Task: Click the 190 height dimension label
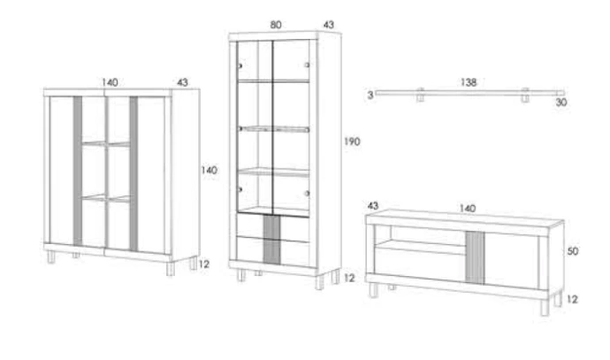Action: pos(352,142)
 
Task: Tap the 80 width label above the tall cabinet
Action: pos(276,25)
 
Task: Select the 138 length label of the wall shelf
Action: pos(469,82)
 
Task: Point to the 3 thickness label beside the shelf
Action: pos(370,95)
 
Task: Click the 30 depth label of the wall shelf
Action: pos(561,103)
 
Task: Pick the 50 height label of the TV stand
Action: pos(573,251)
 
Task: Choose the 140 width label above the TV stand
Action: pos(468,208)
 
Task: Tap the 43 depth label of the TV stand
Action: pos(373,205)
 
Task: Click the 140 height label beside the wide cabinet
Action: pos(210,170)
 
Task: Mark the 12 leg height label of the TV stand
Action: pos(572,299)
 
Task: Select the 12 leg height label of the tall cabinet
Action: pos(349,278)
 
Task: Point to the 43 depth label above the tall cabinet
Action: pos(329,25)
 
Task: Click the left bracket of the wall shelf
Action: pos(420,95)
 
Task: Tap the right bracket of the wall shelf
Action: pos(525,95)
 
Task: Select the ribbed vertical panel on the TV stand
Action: pos(475,257)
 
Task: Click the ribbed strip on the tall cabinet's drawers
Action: pos(271,240)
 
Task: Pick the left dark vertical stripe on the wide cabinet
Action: pos(78,172)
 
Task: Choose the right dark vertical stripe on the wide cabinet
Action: pos(133,173)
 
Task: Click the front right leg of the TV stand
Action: pos(545,308)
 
